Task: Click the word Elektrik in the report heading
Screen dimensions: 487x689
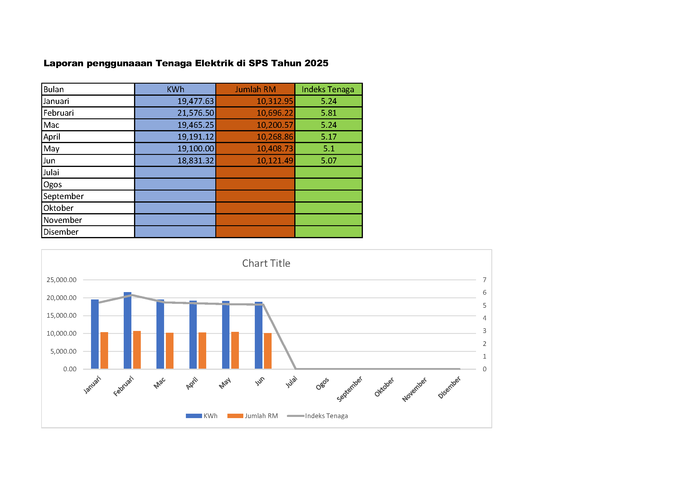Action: tap(214, 63)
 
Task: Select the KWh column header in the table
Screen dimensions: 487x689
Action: tap(175, 90)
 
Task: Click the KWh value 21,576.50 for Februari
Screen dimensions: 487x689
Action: tap(195, 113)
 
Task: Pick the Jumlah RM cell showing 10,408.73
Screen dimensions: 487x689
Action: tap(275, 149)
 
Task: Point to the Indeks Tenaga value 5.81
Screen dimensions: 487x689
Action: tap(329, 113)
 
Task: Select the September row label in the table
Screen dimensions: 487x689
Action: tap(63, 196)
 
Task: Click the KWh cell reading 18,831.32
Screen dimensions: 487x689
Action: tap(195, 161)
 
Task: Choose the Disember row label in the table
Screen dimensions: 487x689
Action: tap(61, 232)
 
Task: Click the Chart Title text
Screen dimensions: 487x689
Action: tap(266, 263)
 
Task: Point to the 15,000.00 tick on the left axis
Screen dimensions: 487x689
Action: tap(62, 315)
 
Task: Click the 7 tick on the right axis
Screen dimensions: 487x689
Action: tap(484, 280)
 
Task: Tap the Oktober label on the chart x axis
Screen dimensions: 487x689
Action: tap(384, 387)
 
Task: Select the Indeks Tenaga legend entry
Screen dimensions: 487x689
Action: tap(326, 416)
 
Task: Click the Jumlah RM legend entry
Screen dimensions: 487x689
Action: tap(261, 416)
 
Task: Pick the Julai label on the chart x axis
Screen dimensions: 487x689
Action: tap(291, 382)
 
